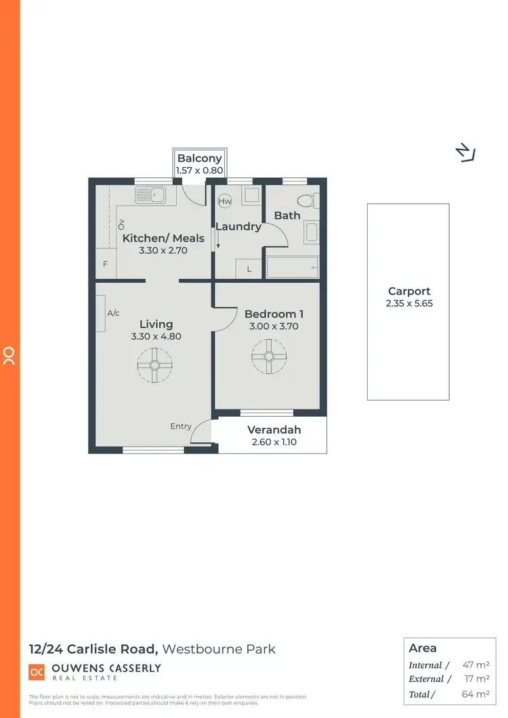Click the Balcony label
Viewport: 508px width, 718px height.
tap(199, 158)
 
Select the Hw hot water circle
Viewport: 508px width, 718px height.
tap(225, 201)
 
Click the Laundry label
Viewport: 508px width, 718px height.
tap(238, 227)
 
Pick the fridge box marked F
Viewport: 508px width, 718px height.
tap(106, 265)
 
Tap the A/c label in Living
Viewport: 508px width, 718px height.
tap(113, 313)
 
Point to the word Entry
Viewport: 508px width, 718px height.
tap(181, 426)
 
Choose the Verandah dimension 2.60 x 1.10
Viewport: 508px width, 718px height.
tap(274, 442)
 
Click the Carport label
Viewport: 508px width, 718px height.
tap(409, 292)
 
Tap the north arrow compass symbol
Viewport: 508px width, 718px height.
tap(465, 154)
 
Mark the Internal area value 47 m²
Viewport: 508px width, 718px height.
tap(476, 665)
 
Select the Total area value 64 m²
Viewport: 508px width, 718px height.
tap(476, 694)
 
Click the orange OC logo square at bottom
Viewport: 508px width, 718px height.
tap(36, 671)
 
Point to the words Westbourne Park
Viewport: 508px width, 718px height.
tap(219, 649)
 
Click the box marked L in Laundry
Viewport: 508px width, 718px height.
tap(249, 269)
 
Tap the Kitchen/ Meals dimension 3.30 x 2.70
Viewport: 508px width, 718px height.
tap(163, 250)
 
